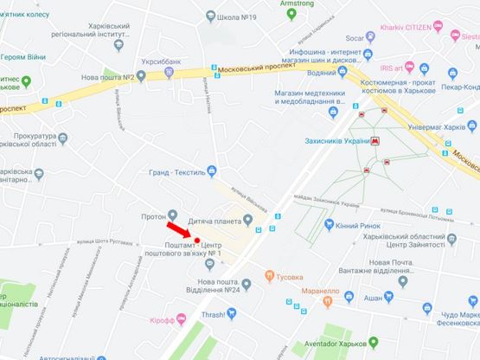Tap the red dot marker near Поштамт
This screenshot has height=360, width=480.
point(197,240)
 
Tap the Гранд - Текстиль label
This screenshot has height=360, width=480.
point(176,171)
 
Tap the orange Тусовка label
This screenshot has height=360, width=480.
point(290,277)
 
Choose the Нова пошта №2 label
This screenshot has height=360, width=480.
point(112,78)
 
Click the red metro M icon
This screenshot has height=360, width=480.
point(375,141)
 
